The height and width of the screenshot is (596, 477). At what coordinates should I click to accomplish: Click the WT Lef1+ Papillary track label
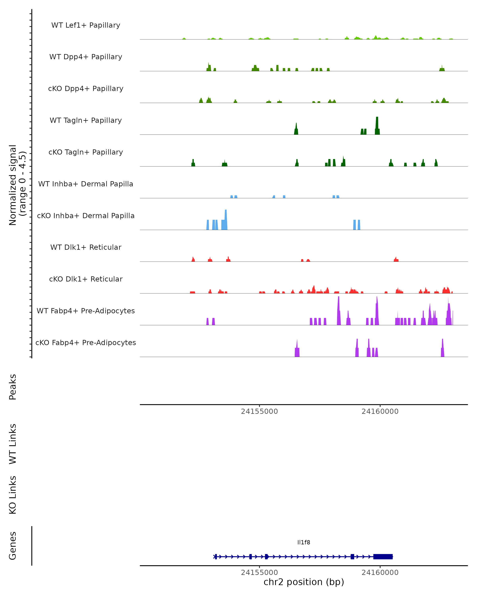[86, 25]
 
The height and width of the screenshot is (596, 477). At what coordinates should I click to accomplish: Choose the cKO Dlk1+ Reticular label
[86, 279]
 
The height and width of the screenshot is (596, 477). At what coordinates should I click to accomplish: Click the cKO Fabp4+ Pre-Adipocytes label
[86, 343]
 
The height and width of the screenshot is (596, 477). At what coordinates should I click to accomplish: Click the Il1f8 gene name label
[304, 542]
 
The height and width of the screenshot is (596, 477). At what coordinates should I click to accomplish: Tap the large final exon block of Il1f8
[383, 556]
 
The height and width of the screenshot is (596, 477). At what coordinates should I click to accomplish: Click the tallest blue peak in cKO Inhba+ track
[226, 220]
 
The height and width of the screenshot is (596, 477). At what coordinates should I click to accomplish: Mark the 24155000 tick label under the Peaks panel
[259, 411]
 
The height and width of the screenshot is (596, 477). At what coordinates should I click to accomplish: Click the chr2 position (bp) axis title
[304, 582]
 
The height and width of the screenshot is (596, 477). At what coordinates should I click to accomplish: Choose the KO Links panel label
[13, 495]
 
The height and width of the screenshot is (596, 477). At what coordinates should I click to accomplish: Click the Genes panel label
[13, 546]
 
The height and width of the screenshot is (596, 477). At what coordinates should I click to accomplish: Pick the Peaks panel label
[13, 387]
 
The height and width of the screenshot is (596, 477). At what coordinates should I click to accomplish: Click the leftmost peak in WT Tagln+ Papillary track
[296, 129]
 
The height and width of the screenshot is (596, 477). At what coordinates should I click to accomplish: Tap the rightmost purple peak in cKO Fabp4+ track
[442, 349]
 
